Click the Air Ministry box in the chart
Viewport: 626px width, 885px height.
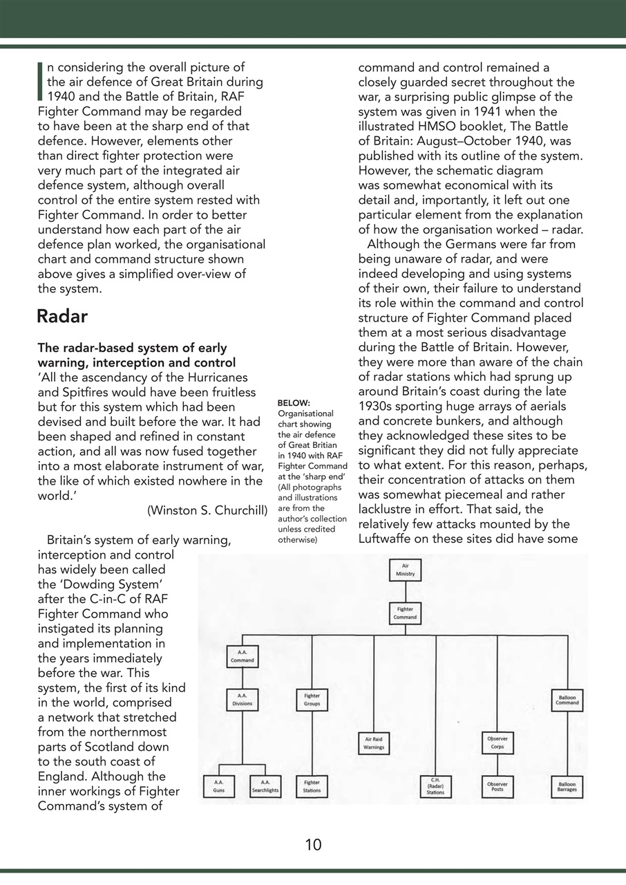(x=405, y=570)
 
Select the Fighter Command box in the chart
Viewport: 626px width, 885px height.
(x=405, y=613)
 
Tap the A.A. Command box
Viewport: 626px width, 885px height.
(x=242, y=656)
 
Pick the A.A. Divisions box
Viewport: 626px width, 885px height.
(x=242, y=699)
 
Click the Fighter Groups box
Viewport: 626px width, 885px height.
(x=312, y=699)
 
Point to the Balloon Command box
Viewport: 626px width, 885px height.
(x=567, y=699)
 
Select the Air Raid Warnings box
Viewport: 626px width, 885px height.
(x=374, y=743)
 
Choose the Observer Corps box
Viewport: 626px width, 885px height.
(x=497, y=743)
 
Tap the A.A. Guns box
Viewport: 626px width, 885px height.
(x=219, y=786)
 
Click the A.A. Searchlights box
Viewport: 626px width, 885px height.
(x=265, y=786)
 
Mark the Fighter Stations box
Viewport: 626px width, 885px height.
(x=312, y=786)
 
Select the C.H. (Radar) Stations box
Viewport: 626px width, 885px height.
(x=435, y=786)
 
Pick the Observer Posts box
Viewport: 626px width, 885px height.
(x=497, y=786)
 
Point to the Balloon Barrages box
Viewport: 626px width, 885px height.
(x=567, y=786)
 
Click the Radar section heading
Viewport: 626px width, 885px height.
(x=62, y=317)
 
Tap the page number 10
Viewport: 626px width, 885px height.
(x=313, y=844)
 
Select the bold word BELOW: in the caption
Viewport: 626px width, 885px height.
(x=294, y=403)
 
